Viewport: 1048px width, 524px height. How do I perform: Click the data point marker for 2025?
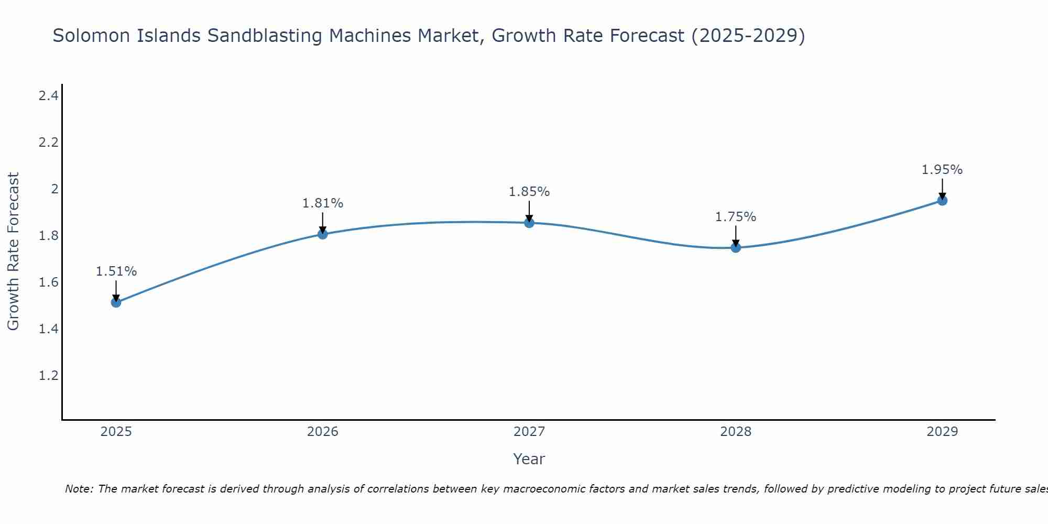tap(116, 302)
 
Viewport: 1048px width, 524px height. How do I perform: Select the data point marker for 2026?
tap(323, 234)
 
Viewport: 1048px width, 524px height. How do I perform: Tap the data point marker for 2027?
tap(529, 223)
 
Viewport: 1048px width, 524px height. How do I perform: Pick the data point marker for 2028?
tap(736, 247)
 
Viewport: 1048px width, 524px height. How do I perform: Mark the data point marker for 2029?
tap(942, 200)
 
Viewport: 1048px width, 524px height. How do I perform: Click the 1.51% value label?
tap(116, 271)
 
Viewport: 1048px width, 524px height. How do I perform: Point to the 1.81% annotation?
tap(323, 203)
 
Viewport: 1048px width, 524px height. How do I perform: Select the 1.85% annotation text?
tap(529, 192)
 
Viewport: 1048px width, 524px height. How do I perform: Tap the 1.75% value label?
tap(736, 216)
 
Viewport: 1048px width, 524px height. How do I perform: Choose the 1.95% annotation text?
tap(942, 170)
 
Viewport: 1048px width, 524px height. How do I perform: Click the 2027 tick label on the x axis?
tap(529, 432)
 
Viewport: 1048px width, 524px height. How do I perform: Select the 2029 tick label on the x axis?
tap(942, 432)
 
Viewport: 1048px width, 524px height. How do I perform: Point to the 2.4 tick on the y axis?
tap(49, 95)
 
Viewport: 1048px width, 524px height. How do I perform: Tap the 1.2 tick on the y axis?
tap(49, 376)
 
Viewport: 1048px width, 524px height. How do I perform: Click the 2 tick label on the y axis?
tap(54, 189)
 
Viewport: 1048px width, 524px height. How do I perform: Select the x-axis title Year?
tap(529, 459)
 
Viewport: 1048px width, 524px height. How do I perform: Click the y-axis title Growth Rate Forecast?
tap(14, 252)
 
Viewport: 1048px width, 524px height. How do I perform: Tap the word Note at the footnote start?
tap(79, 489)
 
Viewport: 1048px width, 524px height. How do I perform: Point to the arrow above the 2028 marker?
tap(736, 236)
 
